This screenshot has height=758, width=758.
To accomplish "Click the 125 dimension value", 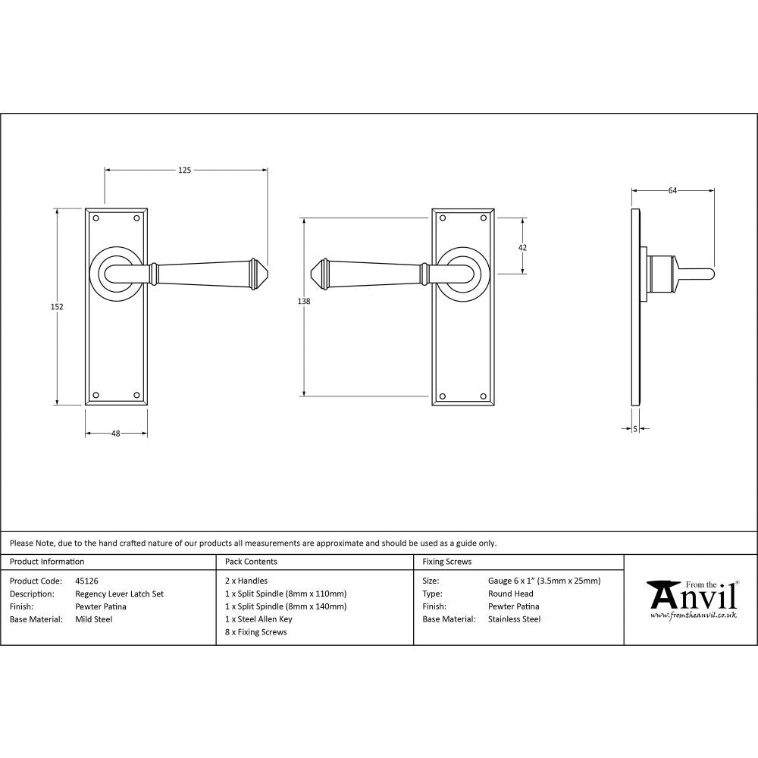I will (185, 170).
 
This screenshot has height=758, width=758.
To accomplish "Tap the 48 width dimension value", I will (116, 434).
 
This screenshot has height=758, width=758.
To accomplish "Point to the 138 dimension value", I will (304, 302).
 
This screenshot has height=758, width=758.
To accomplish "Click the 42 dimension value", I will (522, 247).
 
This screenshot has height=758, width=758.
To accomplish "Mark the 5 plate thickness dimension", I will (634, 429).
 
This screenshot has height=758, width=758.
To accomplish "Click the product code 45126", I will (87, 581).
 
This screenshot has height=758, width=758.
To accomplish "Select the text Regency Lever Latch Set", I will (119, 594).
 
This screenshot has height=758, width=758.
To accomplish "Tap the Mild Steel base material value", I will (94, 619).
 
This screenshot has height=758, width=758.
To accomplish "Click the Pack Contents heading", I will (251, 562).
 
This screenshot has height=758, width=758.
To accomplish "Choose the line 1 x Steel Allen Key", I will (258, 619).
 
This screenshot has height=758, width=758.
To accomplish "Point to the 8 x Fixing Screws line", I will (256, 632).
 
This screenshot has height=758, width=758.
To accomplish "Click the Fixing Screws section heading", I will (446, 562).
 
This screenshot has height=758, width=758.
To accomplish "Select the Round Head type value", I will (510, 594).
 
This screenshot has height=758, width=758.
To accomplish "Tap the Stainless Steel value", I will (514, 619).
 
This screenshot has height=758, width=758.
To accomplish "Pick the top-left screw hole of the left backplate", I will (96, 218).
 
